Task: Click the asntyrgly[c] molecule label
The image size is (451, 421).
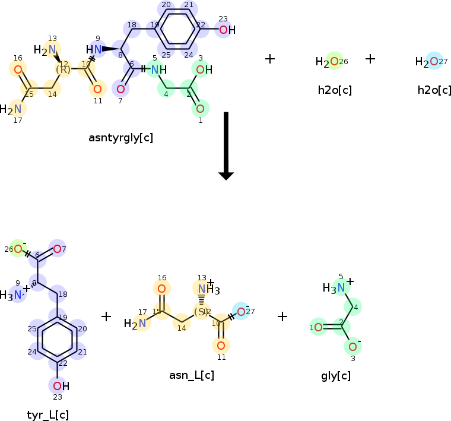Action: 120,138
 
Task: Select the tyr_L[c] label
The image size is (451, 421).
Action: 48,414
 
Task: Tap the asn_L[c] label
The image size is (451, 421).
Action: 192,375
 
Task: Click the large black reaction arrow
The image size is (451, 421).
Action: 226,145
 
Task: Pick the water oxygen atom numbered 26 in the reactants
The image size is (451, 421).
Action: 335,61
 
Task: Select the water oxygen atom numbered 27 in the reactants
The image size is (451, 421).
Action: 434,61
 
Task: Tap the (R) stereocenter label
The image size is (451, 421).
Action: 63,69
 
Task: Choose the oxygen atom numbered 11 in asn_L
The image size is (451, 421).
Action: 221,345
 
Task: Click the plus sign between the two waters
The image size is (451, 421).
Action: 370,59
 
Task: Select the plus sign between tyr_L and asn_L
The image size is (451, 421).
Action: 106,316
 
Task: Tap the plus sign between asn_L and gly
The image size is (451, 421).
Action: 282,316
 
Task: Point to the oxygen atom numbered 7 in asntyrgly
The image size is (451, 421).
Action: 120,89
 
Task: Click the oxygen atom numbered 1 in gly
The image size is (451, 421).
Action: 318,327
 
